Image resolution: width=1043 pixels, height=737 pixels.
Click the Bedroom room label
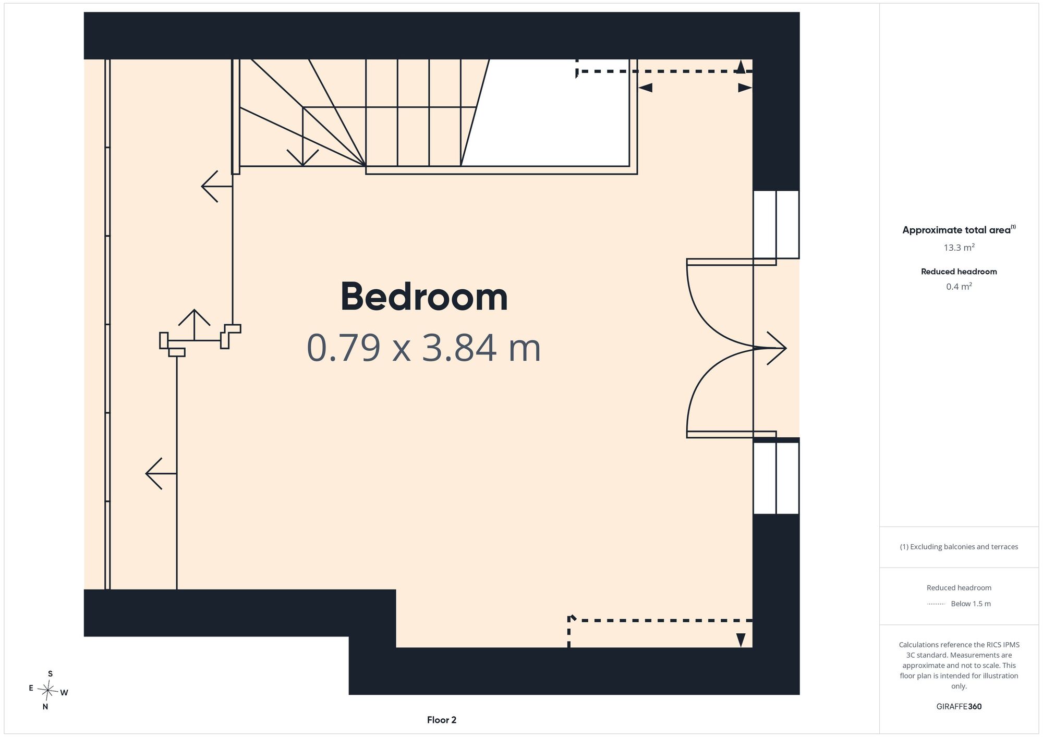coord(424,297)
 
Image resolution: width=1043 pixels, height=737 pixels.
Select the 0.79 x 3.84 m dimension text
coord(423,348)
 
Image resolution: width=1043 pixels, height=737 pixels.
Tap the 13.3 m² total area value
coord(959,248)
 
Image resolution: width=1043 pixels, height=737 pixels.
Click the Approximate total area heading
coord(959,230)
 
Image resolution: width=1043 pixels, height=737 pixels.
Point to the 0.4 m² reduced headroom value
coord(959,287)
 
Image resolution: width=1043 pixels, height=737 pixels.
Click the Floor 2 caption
coord(442,720)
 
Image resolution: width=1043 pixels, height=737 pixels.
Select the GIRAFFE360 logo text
coord(959,707)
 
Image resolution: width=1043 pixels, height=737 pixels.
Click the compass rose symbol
coord(48,691)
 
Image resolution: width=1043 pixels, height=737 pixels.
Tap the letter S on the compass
coord(50,674)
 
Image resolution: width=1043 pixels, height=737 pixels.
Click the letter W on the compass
coord(64,693)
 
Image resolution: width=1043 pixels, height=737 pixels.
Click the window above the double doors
coord(776,224)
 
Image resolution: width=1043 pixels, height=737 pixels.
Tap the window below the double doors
coord(776,478)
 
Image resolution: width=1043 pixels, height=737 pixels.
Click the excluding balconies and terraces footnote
coord(959,547)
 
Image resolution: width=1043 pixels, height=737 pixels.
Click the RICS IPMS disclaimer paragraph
coord(959,665)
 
